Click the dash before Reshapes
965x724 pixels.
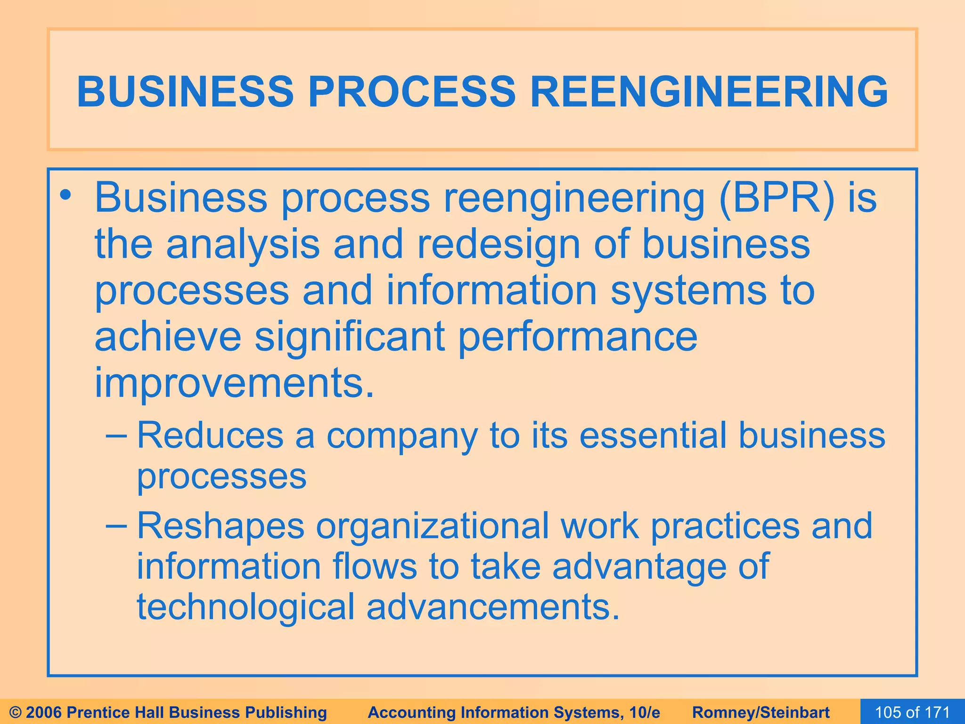click(116, 525)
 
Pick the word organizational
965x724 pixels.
click(433, 526)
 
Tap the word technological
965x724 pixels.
click(245, 607)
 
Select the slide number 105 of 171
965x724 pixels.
click(912, 712)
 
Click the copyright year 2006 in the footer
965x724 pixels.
click(44, 712)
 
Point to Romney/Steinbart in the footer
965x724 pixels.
click(761, 712)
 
